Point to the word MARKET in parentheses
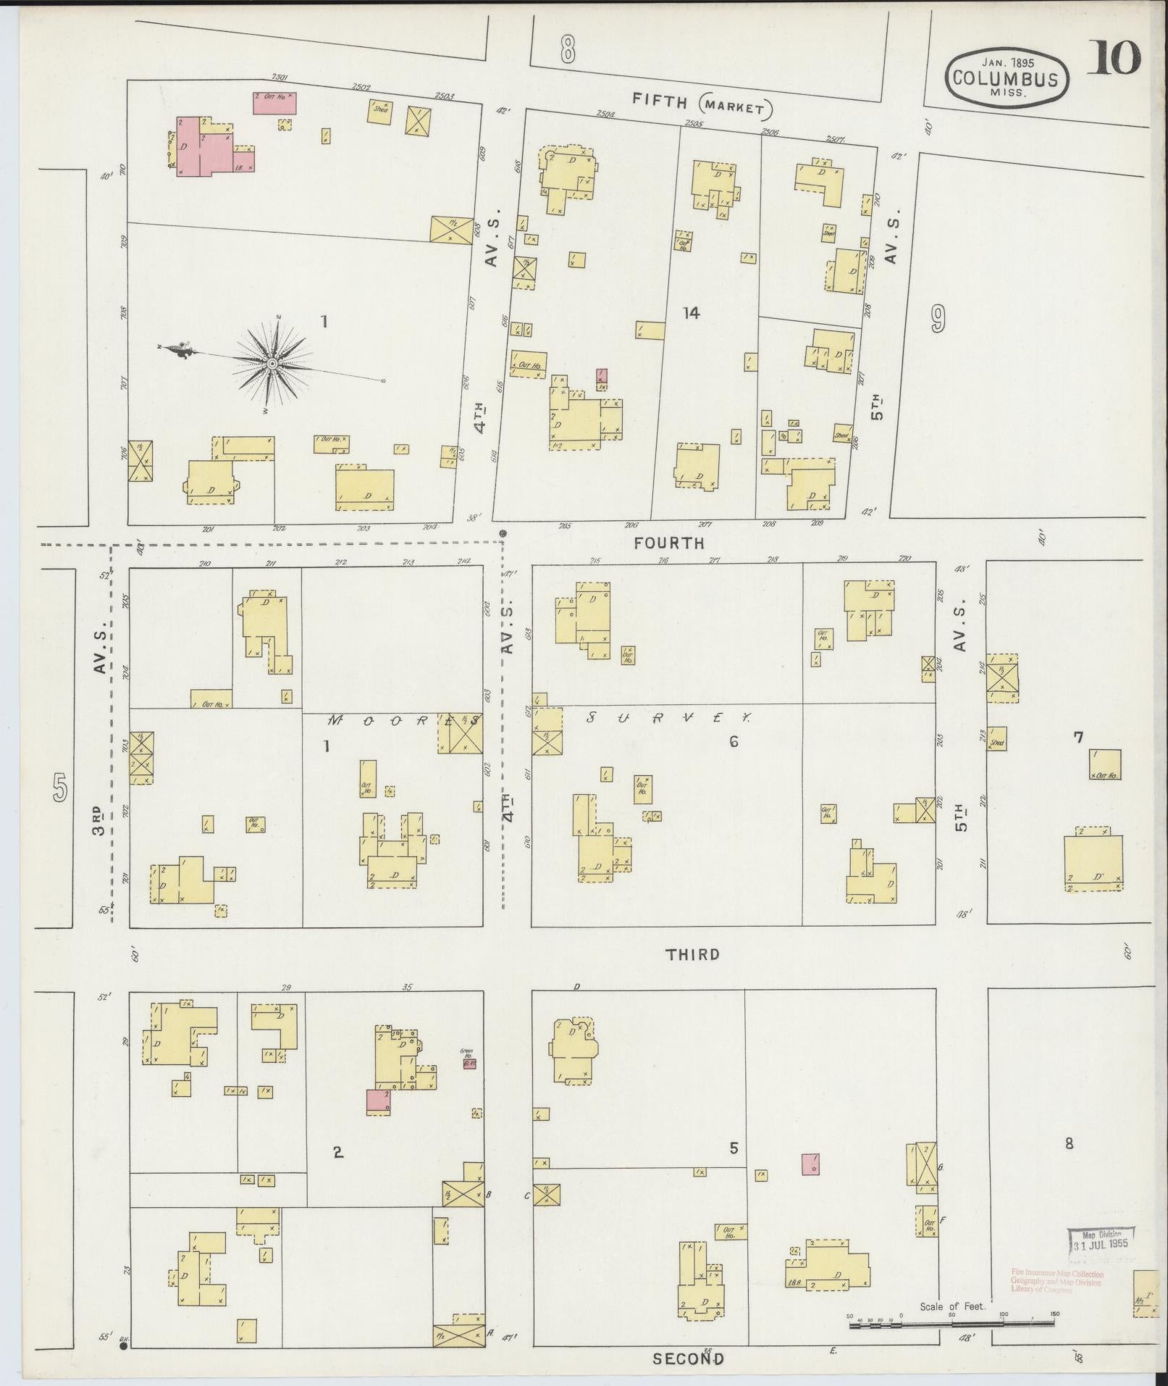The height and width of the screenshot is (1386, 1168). click(736, 108)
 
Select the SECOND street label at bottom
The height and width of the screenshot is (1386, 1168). click(688, 1358)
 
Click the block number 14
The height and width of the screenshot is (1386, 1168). click(691, 313)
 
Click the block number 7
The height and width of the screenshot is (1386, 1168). click(1077, 738)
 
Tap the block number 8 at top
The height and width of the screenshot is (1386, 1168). click(567, 50)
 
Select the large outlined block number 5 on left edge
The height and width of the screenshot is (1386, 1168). click(60, 788)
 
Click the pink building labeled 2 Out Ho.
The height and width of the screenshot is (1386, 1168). click(274, 102)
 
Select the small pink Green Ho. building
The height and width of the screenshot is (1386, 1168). click(469, 1064)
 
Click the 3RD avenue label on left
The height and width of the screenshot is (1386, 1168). click(100, 819)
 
